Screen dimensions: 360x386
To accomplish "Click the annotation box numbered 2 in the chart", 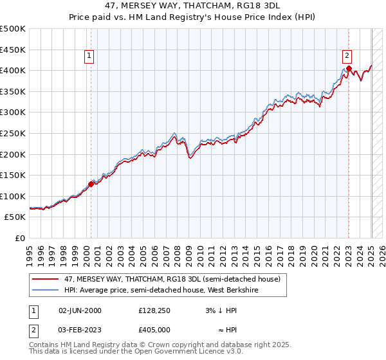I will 347,56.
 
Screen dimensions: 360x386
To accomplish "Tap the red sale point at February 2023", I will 348,68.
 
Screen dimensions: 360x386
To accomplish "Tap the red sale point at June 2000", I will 91,184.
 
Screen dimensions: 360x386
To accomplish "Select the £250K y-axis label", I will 13,133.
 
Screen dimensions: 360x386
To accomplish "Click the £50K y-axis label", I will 15,217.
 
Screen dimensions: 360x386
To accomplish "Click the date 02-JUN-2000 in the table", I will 80,310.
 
